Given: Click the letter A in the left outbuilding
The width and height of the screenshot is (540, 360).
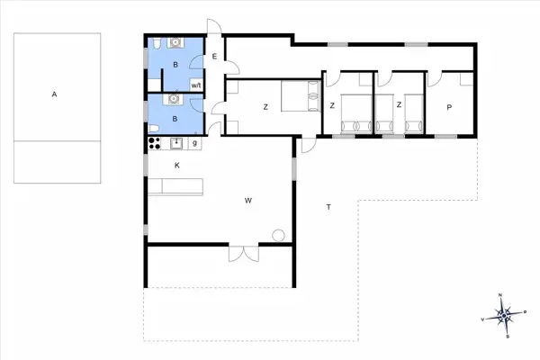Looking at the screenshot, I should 55,94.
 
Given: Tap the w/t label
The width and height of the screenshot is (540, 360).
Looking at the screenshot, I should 195,85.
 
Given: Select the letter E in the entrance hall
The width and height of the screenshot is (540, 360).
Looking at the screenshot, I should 214,58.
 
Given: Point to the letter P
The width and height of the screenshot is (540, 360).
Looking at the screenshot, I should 448,107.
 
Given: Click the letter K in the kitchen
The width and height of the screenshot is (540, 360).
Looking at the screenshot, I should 177,166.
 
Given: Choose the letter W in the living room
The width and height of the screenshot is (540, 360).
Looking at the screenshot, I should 247,201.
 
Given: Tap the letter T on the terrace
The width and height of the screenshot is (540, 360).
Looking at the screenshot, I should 328,208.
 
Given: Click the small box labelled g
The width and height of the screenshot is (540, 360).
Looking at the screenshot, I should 195,143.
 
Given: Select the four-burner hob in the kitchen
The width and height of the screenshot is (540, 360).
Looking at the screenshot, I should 153,142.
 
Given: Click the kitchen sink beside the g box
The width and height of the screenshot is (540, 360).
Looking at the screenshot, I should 177,142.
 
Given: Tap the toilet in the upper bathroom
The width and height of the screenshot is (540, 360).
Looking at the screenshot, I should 157,43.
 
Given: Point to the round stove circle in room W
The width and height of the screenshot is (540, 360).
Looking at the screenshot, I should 278,236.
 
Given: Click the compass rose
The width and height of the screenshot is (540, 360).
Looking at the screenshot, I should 505,315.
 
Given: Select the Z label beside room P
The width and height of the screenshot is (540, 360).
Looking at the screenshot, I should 399,106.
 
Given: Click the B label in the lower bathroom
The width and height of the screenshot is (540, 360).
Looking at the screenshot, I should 176,117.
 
